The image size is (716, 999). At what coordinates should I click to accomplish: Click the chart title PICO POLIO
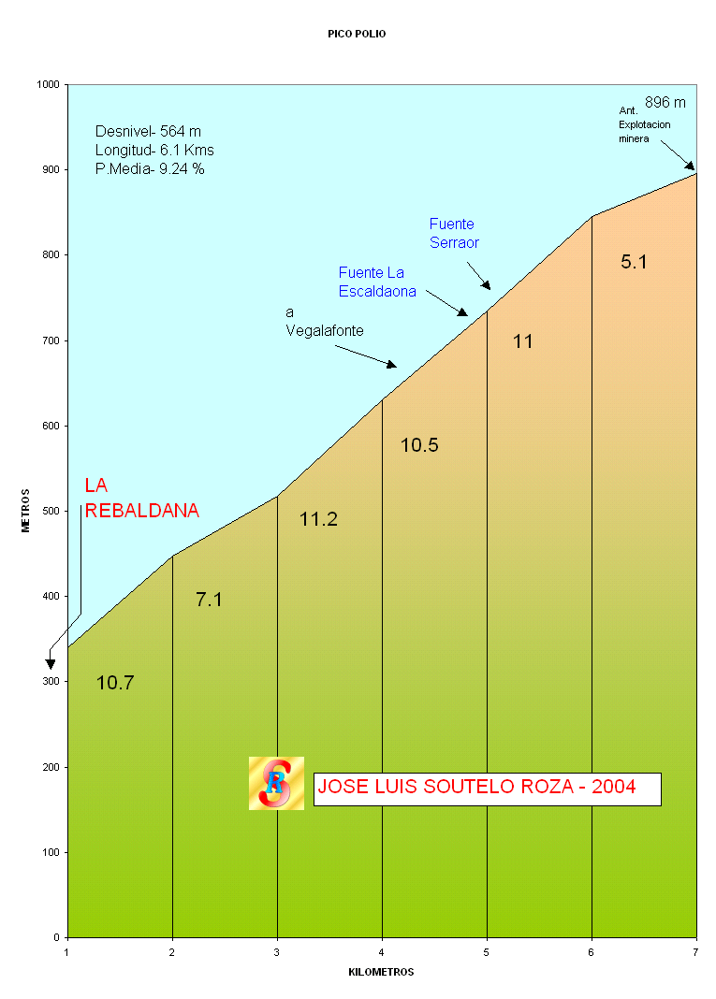point(357,34)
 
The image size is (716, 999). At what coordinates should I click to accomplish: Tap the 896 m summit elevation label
point(665,102)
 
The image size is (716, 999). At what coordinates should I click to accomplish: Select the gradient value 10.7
point(115,683)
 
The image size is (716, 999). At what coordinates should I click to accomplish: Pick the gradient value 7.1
point(209,600)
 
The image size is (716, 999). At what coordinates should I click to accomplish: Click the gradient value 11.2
point(318,519)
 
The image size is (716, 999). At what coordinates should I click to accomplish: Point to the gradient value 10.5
point(419,445)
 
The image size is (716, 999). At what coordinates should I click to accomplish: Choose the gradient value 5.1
point(634,262)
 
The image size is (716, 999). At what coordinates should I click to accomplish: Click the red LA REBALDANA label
point(141,499)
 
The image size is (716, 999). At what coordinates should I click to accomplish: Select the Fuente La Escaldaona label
point(377,282)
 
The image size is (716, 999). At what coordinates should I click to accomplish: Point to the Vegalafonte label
point(325,330)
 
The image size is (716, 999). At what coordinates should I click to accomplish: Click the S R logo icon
point(276,784)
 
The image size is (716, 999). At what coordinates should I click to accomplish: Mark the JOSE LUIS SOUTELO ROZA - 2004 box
point(487,789)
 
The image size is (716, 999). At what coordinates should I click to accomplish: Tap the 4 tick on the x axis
point(382,952)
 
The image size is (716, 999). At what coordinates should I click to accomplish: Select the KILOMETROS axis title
point(381,972)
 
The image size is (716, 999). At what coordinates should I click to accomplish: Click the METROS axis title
point(26,511)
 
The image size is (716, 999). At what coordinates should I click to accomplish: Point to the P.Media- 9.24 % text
point(150,169)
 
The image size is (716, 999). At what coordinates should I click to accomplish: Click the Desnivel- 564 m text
point(148,131)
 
